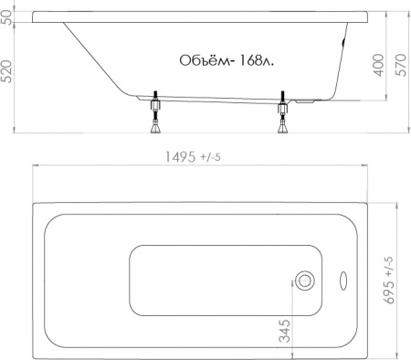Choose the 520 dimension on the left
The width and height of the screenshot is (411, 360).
click(x=10, y=78)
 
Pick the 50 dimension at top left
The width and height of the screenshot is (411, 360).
click(x=10, y=17)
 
